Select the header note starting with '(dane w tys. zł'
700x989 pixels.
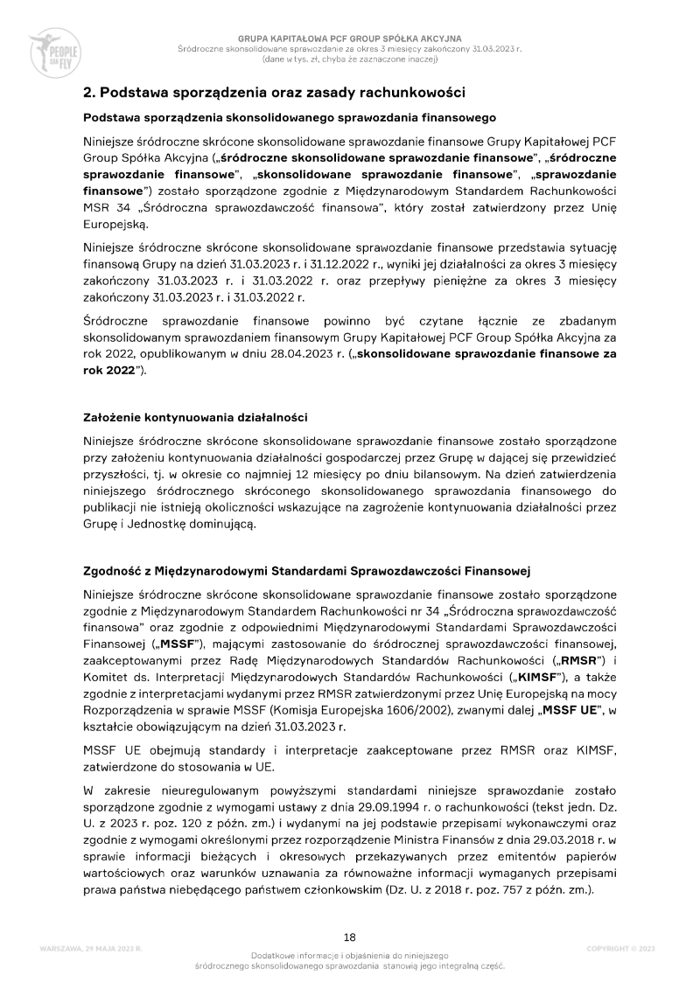click(349, 59)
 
